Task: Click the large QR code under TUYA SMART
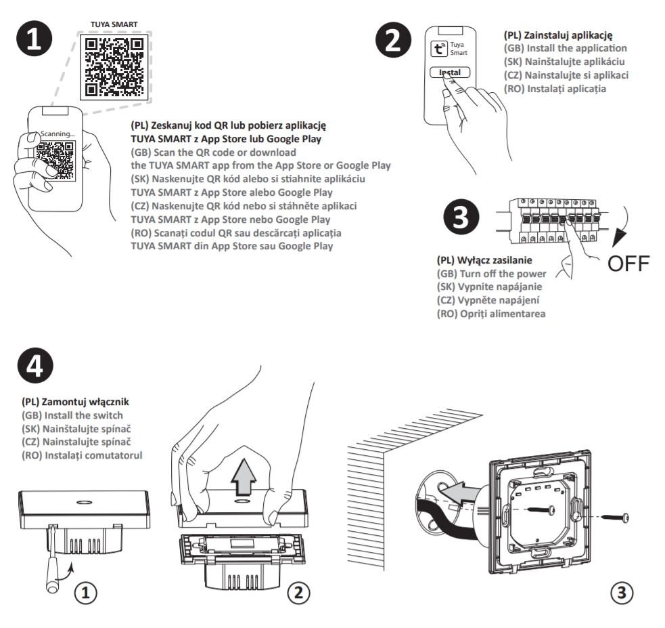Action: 112,66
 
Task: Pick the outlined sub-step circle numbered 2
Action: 297,593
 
